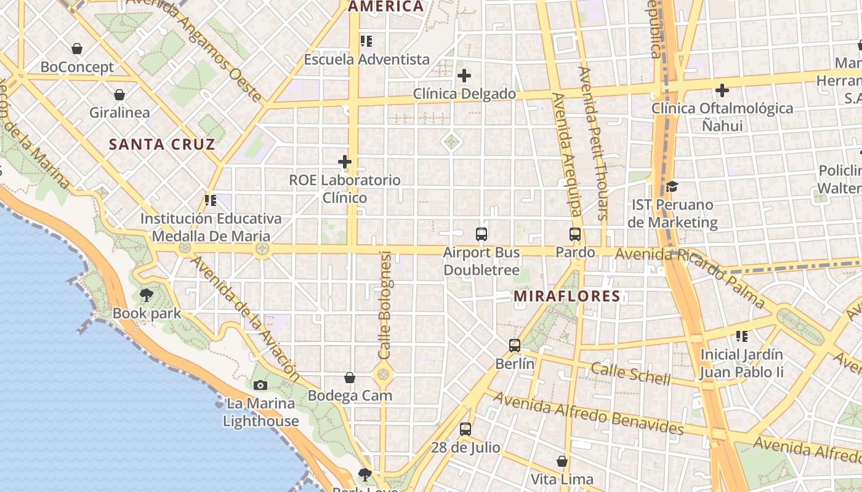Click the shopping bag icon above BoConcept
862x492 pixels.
tap(77, 49)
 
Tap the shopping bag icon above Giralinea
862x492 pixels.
tap(119, 95)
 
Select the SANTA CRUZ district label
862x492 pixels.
tap(162, 145)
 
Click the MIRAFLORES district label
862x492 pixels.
tap(567, 296)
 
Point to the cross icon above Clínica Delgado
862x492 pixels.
tap(464, 76)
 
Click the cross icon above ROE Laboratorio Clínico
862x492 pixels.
tap(345, 162)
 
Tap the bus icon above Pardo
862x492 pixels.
tap(575, 234)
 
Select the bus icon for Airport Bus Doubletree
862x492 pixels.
tap(481, 234)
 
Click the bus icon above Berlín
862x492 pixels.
tap(515, 346)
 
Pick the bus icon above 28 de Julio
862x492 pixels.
tap(465, 429)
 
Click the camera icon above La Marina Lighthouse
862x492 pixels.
tap(260, 386)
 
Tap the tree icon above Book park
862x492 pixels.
tap(146, 295)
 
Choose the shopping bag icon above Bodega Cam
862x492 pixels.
tap(350, 378)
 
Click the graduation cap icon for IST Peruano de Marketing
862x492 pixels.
tap(672, 186)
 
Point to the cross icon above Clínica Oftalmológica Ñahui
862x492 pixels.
tap(722, 90)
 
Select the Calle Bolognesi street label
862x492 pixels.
tap(385, 306)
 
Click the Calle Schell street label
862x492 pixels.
tap(630, 373)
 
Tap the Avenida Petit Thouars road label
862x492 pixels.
tap(593, 143)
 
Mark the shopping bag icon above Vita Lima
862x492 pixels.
tap(562, 461)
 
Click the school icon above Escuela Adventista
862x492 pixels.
tap(366, 42)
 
